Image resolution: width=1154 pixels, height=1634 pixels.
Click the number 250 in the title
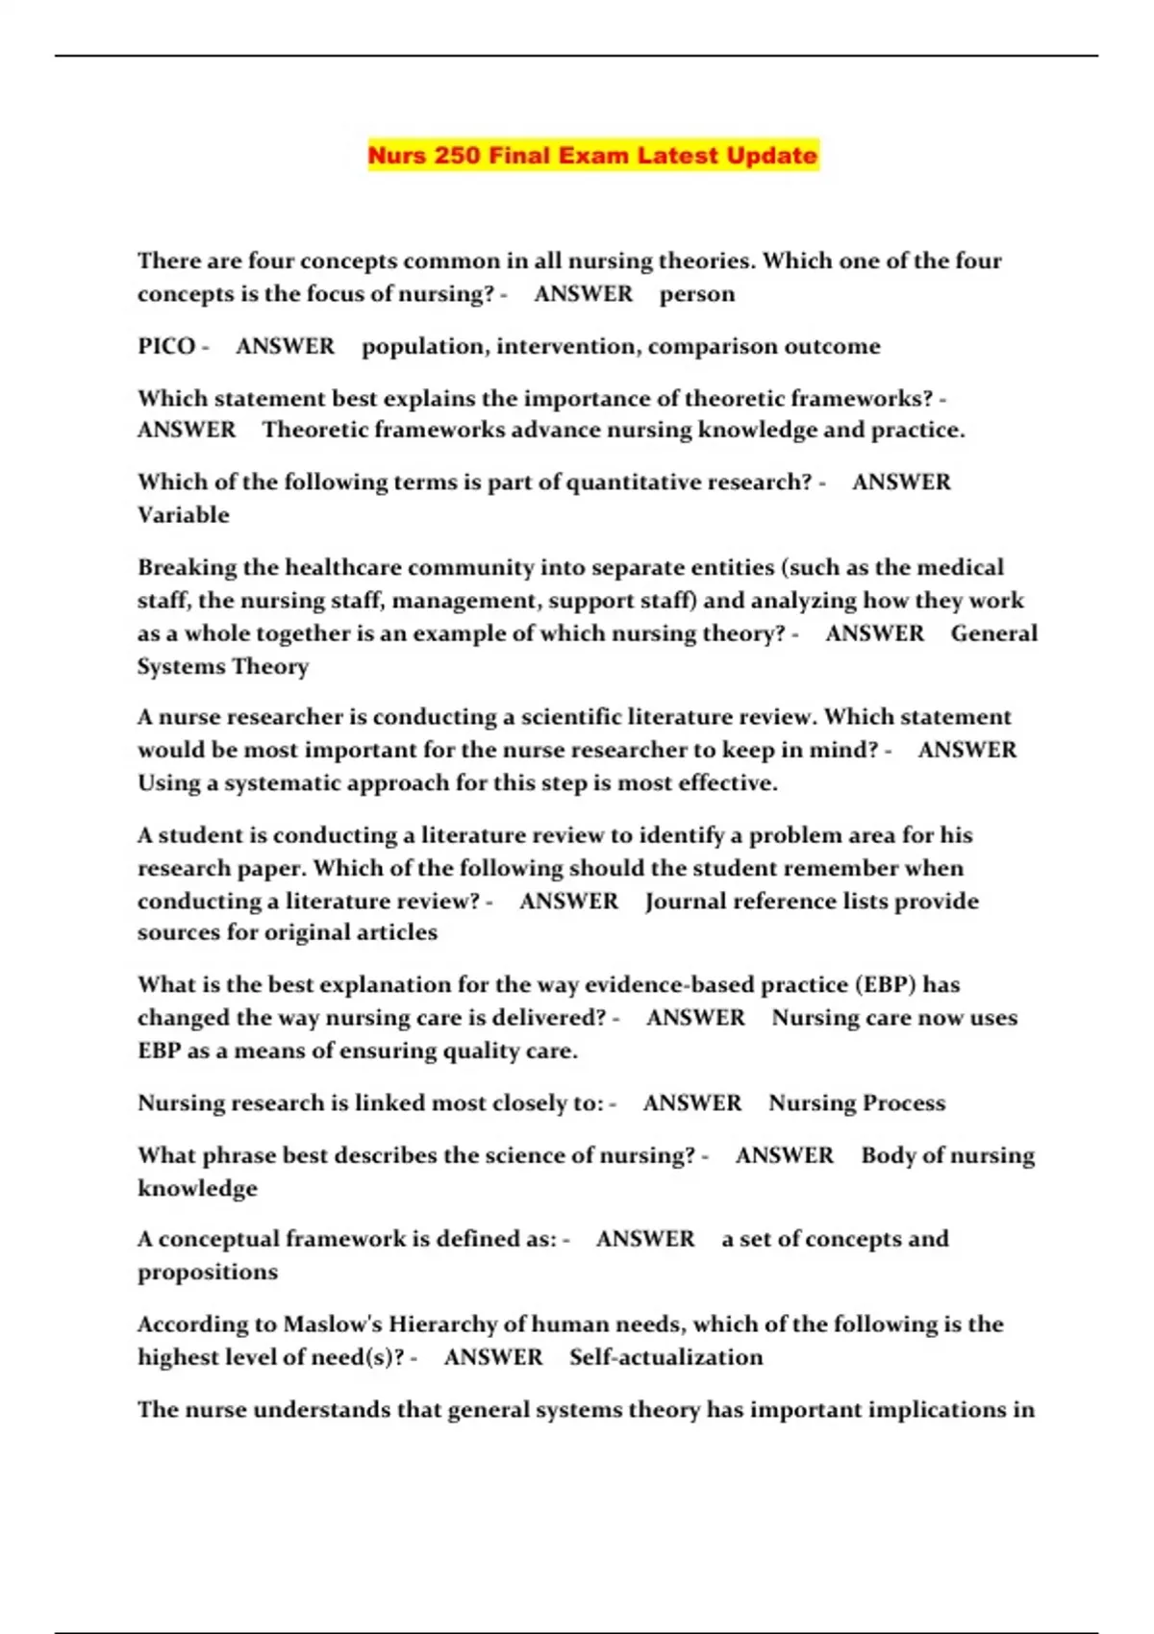pyautogui.click(x=457, y=156)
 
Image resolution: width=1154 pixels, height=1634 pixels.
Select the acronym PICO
pyautogui.click(x=166, y=346)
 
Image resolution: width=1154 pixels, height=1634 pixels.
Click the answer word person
pyautogui.click(x=696, y=294)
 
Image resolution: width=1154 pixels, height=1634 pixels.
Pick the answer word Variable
pyautogui.click(x=183, y=515)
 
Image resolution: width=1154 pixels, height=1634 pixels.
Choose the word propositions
pyautogui.click(x=207, y=1273)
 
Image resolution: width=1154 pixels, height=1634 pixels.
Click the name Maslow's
pyautogui.click(x=333, y=1325)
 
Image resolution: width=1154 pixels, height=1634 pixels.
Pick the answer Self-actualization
pyautogui.click(x=665, y=1357)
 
